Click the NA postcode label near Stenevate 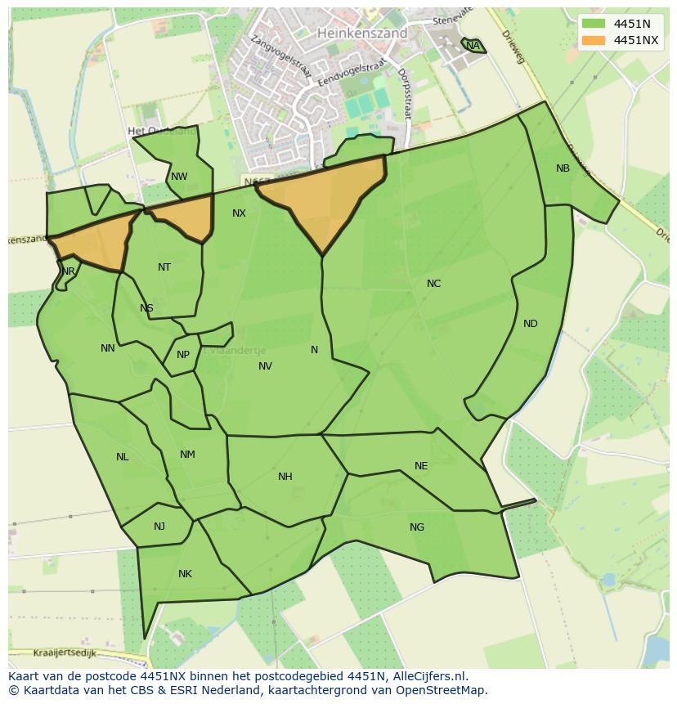(x=473, y=46)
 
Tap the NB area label (x=563, y=168)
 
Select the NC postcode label (x=433, y=284)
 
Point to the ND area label (x=531, y=324)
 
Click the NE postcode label (x=421, y=466)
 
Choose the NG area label (x=417, y=527)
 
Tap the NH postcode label (x=285, y=477)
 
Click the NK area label (x=185, y=574)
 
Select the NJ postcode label (x=159, y=527)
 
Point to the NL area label (x=122, y=457)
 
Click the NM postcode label (x=187, y=455)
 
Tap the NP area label (x=183, y=355)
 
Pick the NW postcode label (x=179, y=177)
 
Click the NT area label (x=164, y=267)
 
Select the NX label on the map (x=239, y=213)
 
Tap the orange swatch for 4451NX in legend (x=594, y=40)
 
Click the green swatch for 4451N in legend (x=594, y=24)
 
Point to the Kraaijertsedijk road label (x=65, y=653)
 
